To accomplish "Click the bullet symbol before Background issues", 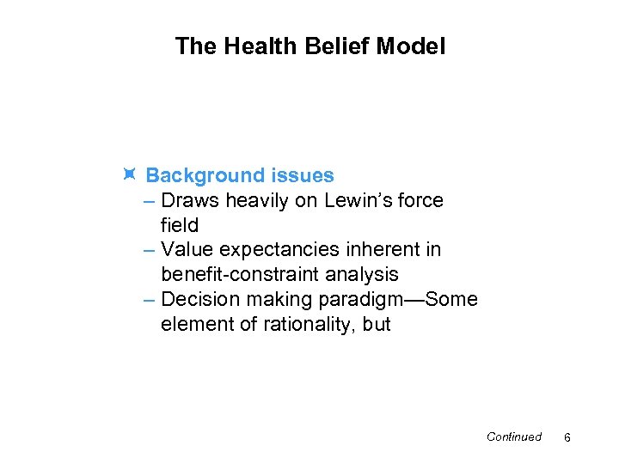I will click(x=128, y=175).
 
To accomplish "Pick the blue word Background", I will click(x=203, y=175).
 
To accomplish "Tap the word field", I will click(x=179, y=225).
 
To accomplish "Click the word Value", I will click(x=187, y=250).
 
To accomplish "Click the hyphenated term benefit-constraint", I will click(x=238, y=275).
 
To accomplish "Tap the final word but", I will click(x=377, y=325).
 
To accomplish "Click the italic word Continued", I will click(x=513, y=437).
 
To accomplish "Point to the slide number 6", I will click(x=567, y=438).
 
